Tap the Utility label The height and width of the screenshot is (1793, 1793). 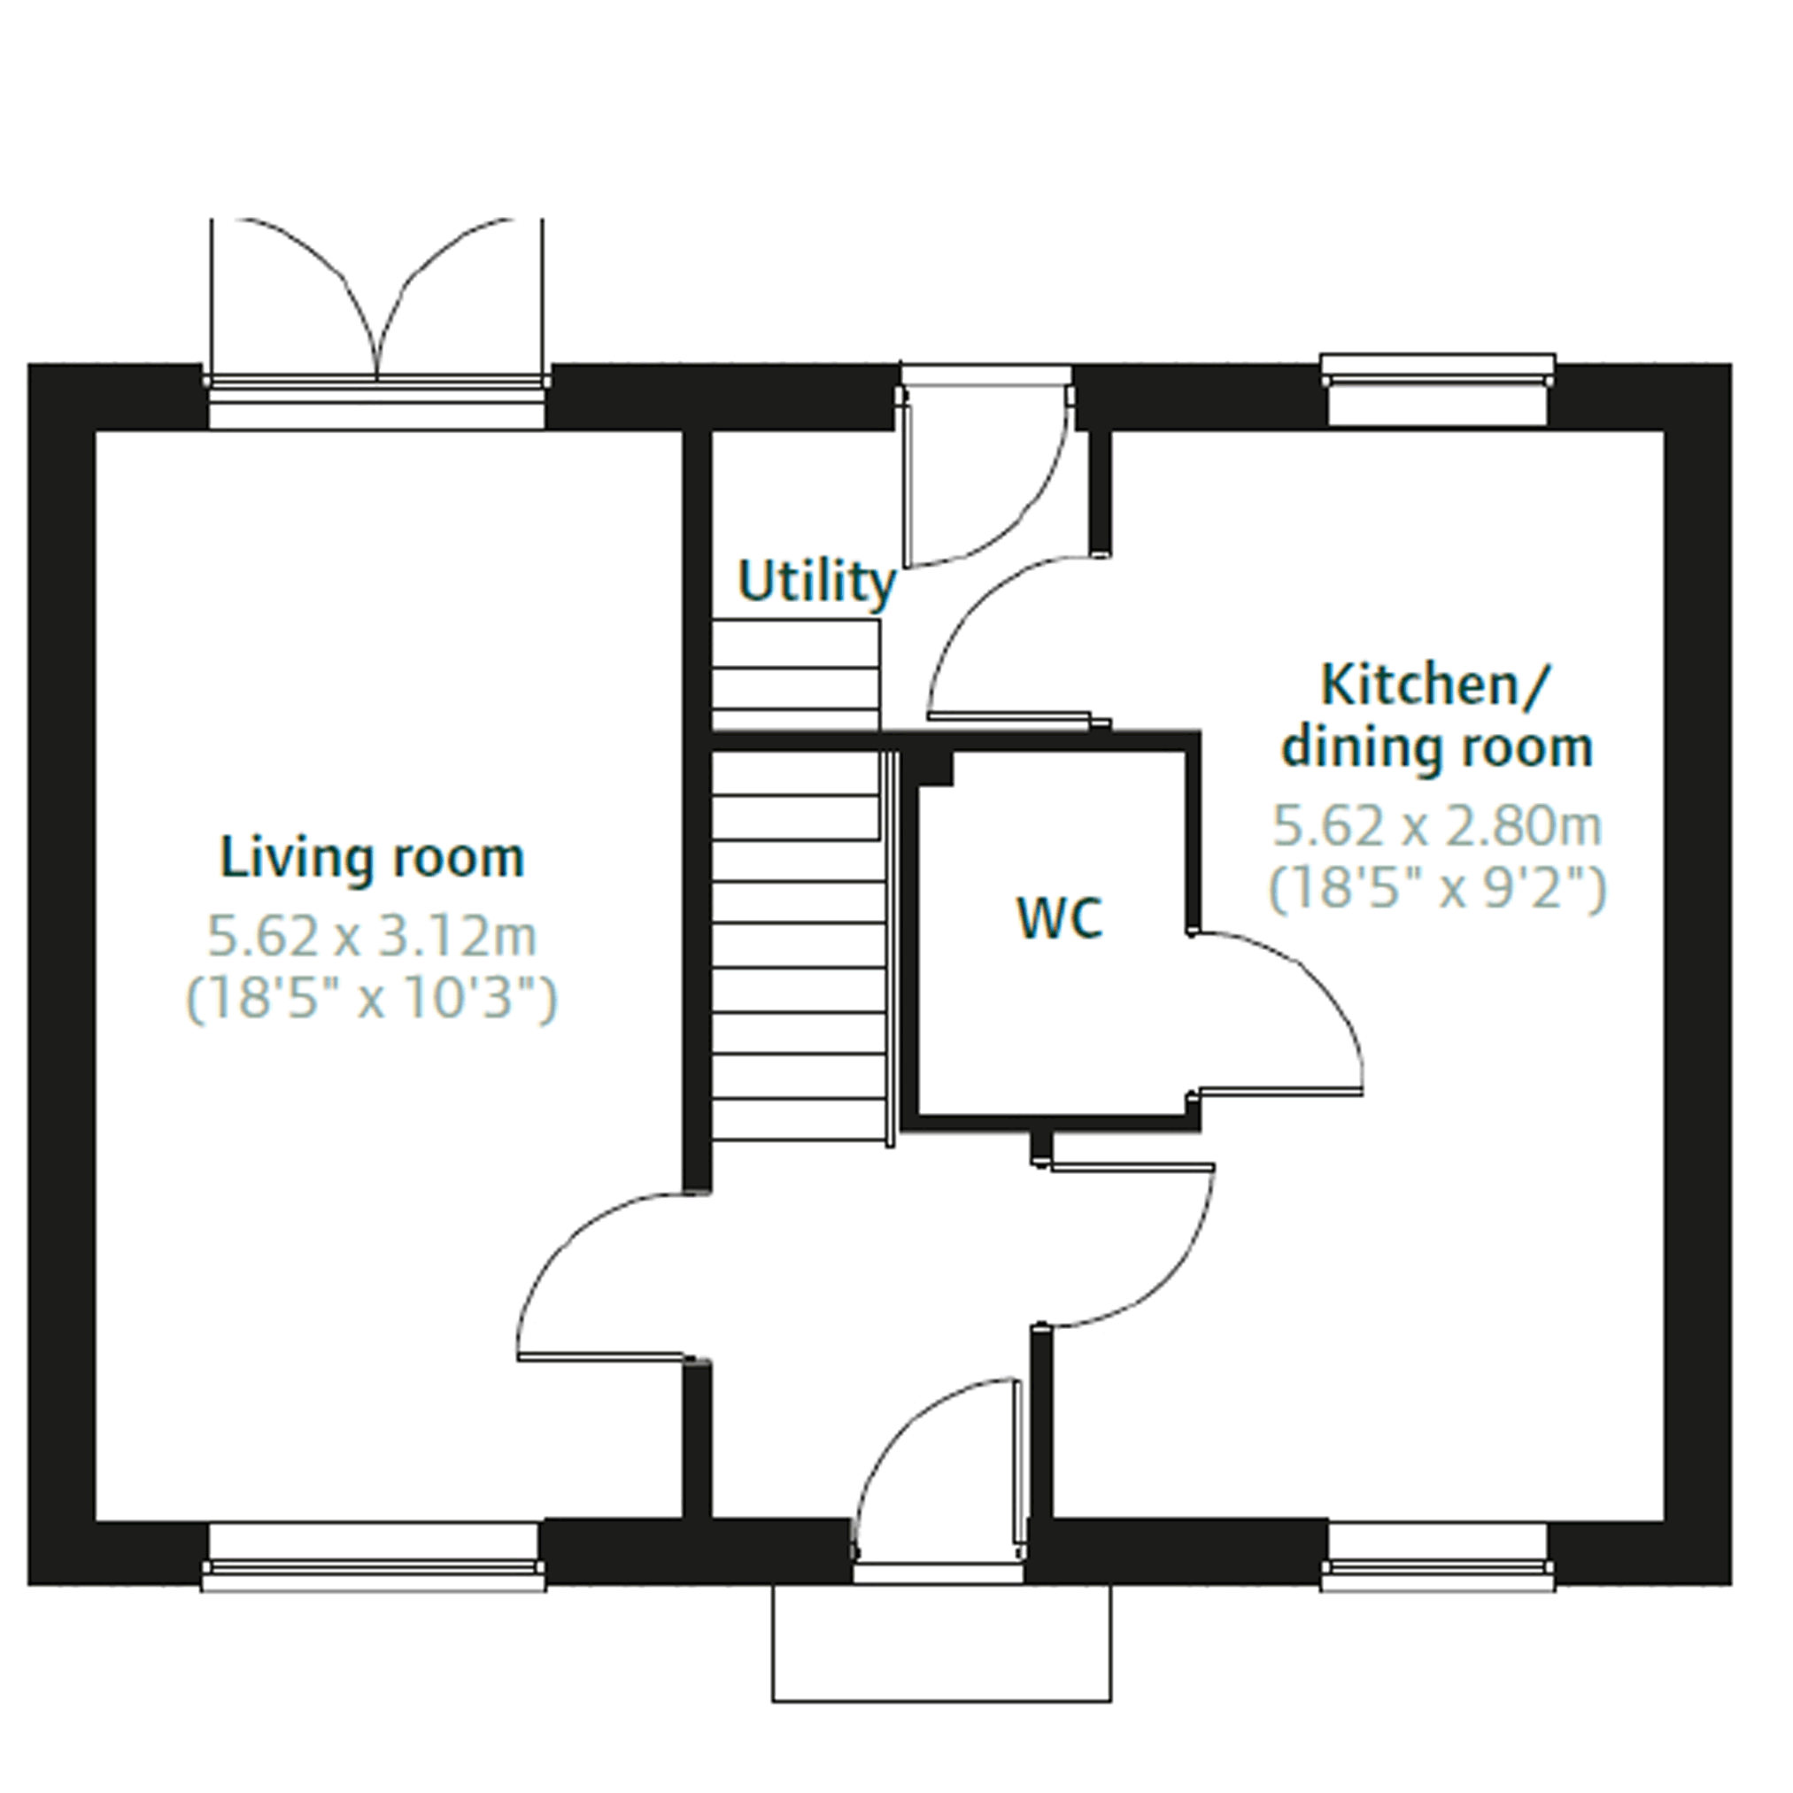point(816,583)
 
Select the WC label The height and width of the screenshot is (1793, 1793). point(1060,918)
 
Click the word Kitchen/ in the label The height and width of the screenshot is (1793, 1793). point(1434,685)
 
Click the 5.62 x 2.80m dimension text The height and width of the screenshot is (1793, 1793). point(1437,826)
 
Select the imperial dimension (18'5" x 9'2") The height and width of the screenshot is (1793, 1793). point(1437,888)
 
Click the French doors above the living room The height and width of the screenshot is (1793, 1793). point(377,302)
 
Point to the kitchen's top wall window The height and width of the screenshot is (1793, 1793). point(1438,389)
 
